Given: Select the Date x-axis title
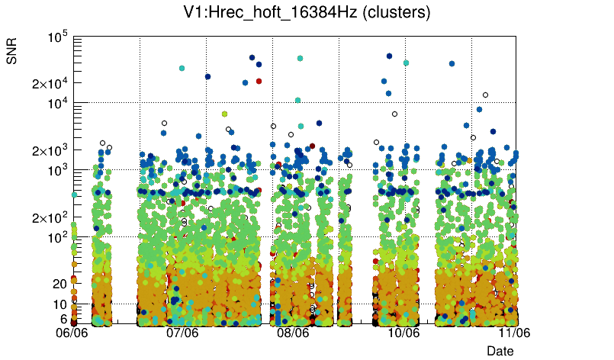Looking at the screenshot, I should (x=500, y=350).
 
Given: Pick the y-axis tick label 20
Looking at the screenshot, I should (x=59, y=284).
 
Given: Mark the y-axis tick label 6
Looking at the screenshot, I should (x=63, y=319).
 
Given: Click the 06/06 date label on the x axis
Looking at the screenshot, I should (x=75, y=333).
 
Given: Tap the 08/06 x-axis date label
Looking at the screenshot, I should (x=293, y=333).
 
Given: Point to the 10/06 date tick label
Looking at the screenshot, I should (x=403, y=333).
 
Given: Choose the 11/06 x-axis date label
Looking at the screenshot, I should (x=514, y=333).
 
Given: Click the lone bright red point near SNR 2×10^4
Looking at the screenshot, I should (x=259, y=80).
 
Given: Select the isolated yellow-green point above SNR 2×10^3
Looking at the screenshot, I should (x=224, y=114).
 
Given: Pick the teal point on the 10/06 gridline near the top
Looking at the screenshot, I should (x=406, y=63).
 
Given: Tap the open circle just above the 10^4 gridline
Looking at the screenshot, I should (x=485, y=95).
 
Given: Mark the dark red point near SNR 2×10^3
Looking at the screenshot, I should (x=312, y=146).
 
